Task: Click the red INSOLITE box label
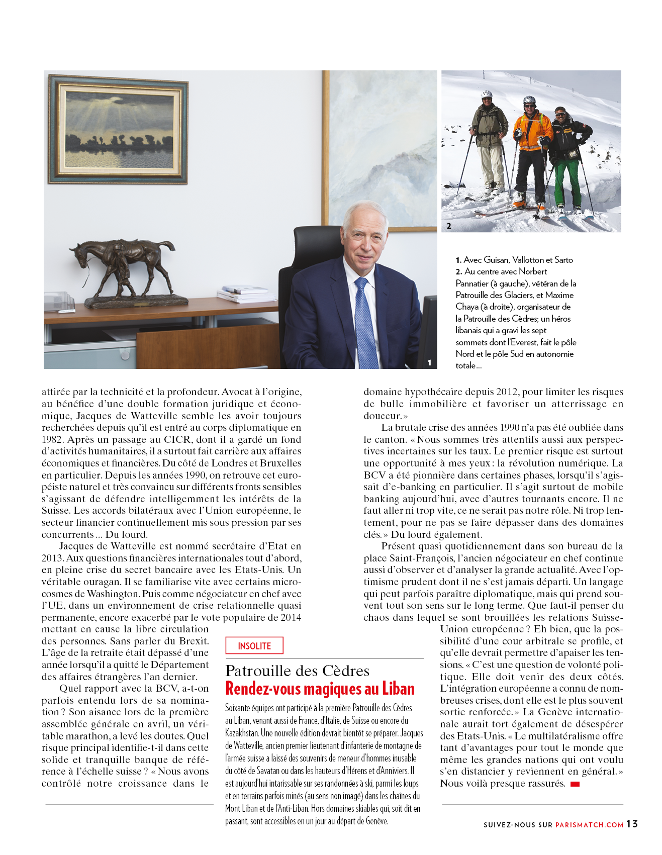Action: coord(254,646)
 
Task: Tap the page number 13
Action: coord(632,824)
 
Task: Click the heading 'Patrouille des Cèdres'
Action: coord(298,671)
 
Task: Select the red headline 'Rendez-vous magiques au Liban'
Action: coord(320,689)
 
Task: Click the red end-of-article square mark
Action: coord(575,784)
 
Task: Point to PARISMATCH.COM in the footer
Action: coord(589,825)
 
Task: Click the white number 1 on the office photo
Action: coord(429,362)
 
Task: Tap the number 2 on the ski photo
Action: coord(449,226)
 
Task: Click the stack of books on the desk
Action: coord(245,294)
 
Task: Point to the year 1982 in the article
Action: coord(52,439)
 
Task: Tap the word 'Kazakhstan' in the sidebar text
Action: coord(242,733)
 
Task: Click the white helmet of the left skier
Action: coord(486,94)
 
